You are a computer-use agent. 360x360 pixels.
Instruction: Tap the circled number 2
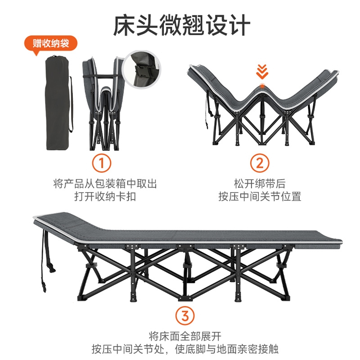259,163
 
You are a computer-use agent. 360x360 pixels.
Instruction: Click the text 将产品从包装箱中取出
105,184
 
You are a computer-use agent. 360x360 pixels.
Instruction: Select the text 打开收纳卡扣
105,197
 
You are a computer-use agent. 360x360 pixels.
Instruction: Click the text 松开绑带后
260,184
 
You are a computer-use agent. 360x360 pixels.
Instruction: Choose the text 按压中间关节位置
260,197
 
